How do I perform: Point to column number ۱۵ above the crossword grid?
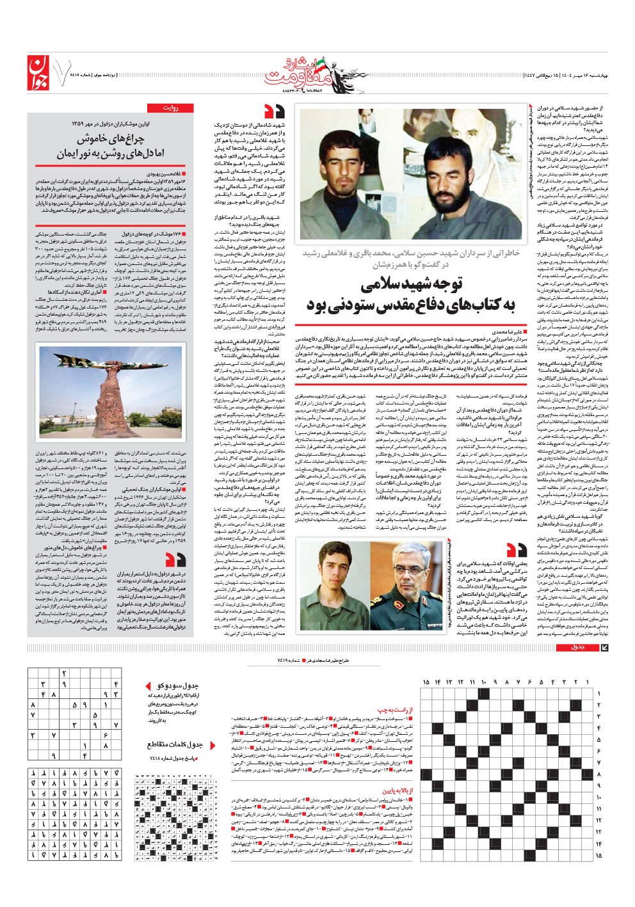[426, 682]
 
